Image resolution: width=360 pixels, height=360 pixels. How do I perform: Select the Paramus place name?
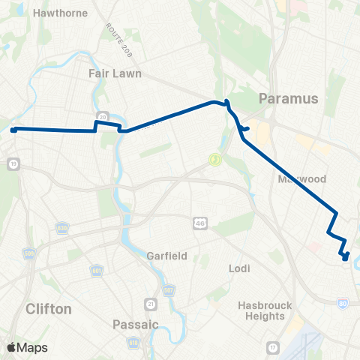pos(289,98)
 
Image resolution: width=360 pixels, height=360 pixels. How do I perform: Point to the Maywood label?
pos(301,179)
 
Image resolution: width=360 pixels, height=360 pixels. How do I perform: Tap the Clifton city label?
pos(48,308)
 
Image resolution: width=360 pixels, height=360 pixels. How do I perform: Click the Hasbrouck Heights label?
pos(261,310)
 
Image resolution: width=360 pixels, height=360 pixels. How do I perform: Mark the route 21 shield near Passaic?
pos(151,303)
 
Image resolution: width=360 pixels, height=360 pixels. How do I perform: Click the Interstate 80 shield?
pos(342,303)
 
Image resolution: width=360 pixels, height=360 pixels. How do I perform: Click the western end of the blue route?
pos(13,130)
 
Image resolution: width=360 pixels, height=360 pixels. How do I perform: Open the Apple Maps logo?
pos(28,347)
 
